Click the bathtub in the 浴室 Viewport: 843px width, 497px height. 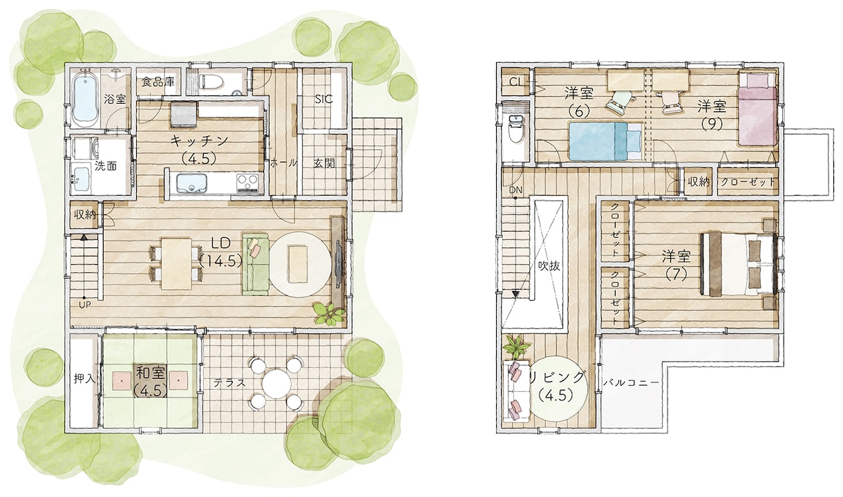[86, 99]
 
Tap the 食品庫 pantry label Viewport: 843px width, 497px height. [158, 82]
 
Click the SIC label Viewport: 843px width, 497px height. [323, 99]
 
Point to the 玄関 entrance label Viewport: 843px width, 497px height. [324, 163]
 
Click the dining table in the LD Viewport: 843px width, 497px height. [176, 263]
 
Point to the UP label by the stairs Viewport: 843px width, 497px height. [85, 304]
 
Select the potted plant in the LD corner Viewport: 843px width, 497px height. [329, 313]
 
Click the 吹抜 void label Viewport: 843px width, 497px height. [549, 265]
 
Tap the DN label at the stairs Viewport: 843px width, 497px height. [516, 190]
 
